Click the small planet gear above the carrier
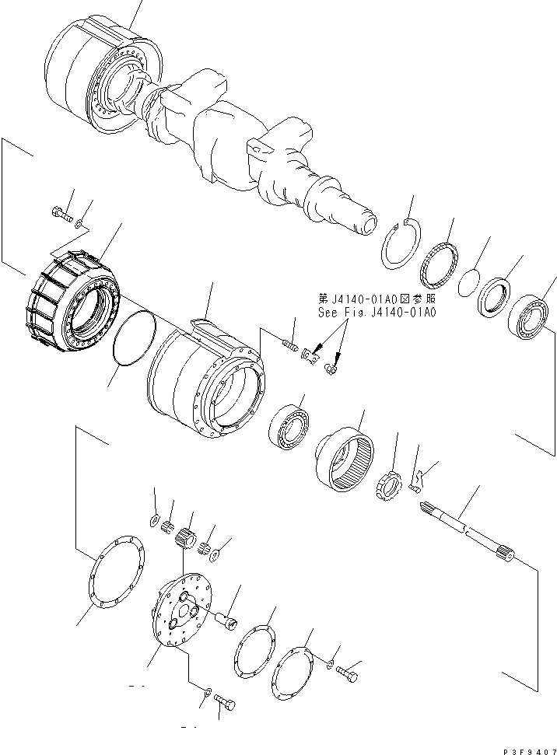click(186, 537)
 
